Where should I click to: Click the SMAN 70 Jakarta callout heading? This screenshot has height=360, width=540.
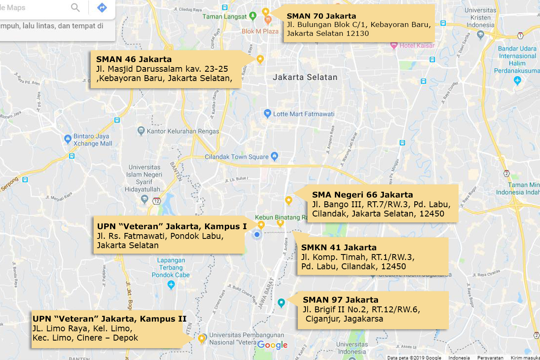321,16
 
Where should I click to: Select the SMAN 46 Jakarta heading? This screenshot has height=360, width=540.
134,59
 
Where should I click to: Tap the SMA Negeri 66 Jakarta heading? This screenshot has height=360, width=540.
362,195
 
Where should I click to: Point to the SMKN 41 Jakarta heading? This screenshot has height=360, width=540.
339,247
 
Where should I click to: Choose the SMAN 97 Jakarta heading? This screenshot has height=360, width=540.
340,300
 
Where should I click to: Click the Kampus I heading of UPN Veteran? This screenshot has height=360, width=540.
172,227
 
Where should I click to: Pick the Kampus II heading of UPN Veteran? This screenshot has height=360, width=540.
109,318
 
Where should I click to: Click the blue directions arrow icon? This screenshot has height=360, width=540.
102,8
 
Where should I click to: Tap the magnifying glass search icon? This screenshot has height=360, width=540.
76,8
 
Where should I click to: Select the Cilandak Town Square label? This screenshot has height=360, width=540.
237,157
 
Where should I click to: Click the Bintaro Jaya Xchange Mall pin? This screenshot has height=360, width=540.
68,139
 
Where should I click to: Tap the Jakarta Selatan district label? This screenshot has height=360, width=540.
305,77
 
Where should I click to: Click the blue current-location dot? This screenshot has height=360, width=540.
256,234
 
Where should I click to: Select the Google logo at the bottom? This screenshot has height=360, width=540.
272,345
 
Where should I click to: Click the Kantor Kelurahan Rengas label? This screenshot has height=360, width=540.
183,131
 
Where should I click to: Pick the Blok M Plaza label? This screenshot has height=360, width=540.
260,31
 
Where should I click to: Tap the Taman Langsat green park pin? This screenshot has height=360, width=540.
253,16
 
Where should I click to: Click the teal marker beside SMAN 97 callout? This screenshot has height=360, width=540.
281,302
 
